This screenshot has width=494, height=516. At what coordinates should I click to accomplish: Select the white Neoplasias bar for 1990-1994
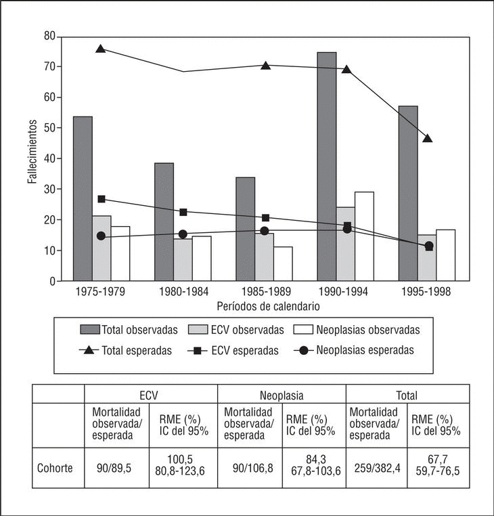tap(364, 236)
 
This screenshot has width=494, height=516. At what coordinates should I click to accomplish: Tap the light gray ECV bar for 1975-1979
tap(102, 248)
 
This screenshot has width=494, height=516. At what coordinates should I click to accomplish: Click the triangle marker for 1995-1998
tap(427, 139)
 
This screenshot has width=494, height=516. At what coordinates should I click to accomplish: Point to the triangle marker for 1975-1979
tap(101, 49)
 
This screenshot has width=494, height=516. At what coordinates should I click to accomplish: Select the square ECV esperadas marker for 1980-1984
tap(183, 213)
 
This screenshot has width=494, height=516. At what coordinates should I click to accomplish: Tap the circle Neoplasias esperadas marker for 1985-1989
tap(265, 231)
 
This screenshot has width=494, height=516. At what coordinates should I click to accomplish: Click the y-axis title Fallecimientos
tap(32, 153)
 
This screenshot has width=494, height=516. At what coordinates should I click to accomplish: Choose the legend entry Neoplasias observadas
tap(357, 330)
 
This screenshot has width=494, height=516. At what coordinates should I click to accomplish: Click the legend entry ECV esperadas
tap(246, 351)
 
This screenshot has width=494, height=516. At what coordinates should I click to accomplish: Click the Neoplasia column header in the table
tap(282, 394)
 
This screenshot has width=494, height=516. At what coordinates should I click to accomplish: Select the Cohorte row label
tap(55, 467)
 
